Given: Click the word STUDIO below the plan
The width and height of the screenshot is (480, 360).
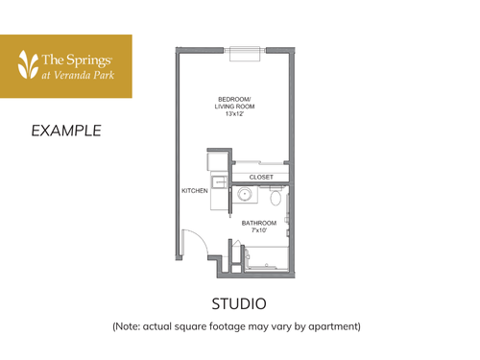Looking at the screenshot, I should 239,303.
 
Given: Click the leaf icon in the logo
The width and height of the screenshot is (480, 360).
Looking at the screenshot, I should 27,65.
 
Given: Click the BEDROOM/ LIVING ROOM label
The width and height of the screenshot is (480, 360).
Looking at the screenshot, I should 235,103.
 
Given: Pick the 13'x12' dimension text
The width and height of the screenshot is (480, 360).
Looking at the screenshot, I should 235,114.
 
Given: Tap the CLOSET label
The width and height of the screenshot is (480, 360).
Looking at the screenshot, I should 261,177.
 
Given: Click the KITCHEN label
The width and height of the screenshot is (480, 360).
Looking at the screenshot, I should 195,191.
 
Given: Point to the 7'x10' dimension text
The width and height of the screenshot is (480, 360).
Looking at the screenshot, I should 258,231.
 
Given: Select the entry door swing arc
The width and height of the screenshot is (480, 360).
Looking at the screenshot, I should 191,244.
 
